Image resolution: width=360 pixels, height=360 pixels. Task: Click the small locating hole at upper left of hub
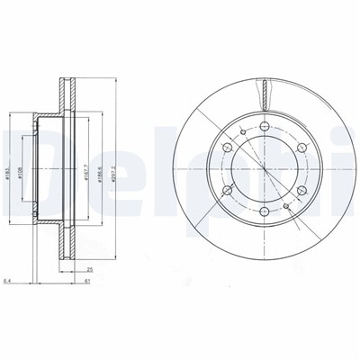243,132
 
